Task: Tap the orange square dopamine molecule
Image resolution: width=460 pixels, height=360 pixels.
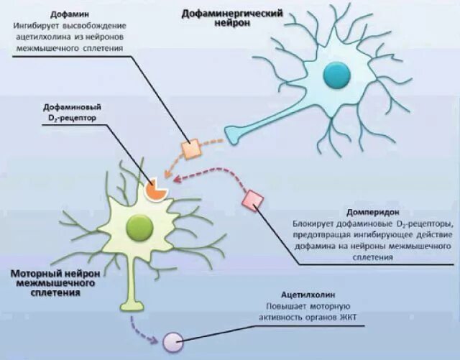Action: point(190,149)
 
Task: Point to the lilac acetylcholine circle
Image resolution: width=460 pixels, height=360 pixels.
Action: point(172,341)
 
